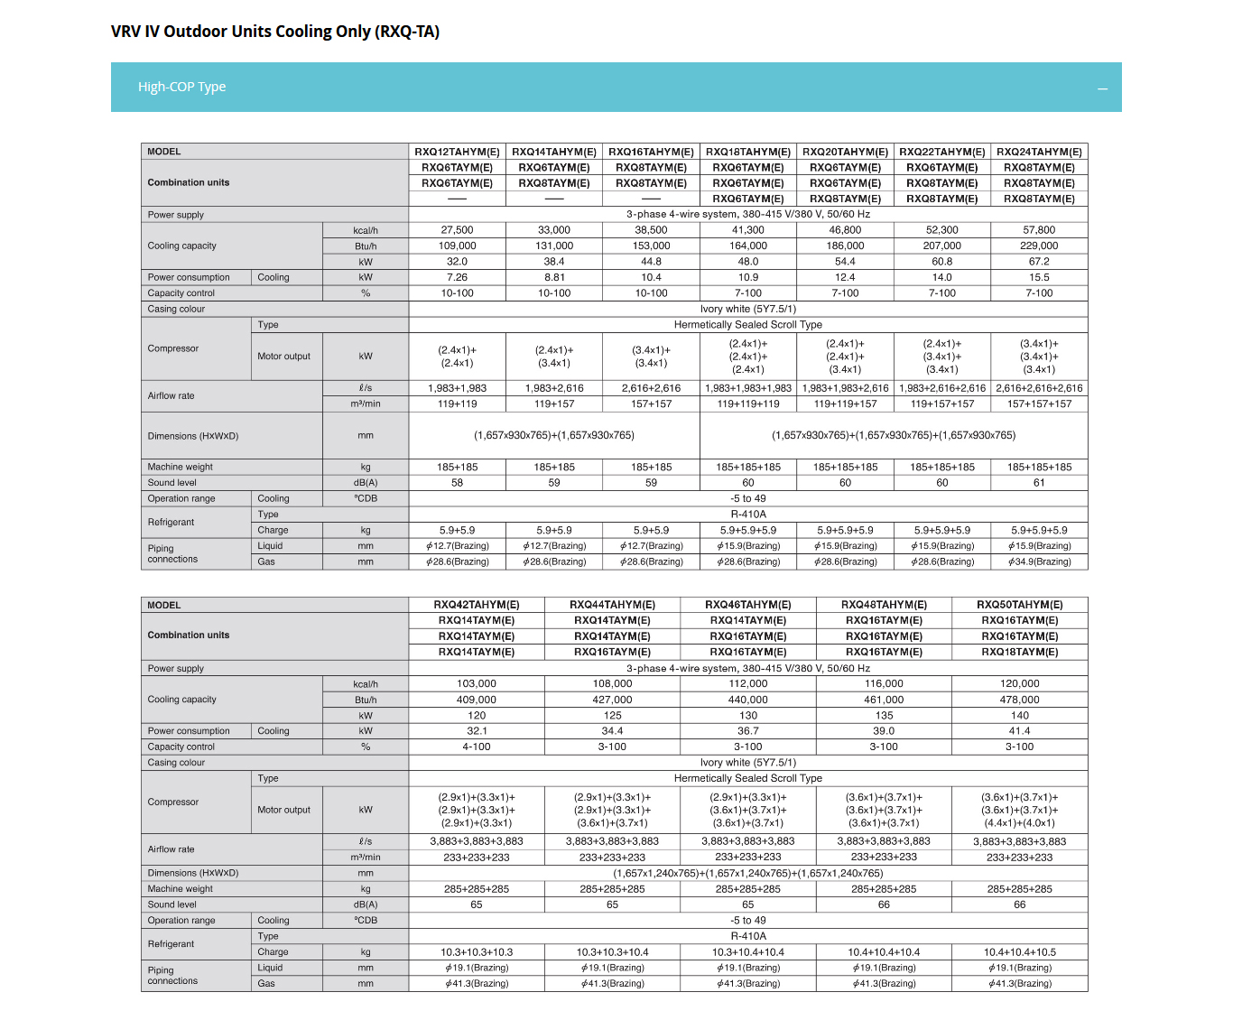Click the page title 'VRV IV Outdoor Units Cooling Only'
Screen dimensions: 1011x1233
click(275, 32)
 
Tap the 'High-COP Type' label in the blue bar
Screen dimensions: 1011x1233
click(181, 87)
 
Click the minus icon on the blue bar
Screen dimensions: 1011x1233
click(1102, 88)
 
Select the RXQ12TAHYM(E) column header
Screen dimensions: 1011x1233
click(457, 152)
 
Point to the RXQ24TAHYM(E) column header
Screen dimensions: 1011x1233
click(1039, 152)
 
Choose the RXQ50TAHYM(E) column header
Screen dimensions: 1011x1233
click(1019, 605)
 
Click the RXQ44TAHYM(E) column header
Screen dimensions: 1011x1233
click(612, 605)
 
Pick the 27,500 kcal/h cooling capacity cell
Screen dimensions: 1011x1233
click(457, 230)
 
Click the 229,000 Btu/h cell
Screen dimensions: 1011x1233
click(1039, 246)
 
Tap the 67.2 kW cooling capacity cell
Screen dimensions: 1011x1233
click(1039, 262)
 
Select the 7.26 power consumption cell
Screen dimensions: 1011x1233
click(457, 277)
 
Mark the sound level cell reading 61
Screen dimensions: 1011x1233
click(1039, 483)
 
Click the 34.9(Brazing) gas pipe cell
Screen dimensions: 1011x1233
click(1039, 561)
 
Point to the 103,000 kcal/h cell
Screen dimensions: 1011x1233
click(477, 684)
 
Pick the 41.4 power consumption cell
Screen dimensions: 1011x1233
click(1019, 731)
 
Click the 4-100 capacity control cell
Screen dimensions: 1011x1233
click(477, 747)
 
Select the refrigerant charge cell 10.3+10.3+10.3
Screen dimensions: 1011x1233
click(477, 952)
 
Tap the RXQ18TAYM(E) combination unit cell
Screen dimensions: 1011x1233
click(1019, 652)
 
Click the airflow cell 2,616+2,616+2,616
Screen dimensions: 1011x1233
click(1039, 388)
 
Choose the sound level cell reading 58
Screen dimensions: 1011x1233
click(457, 483)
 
